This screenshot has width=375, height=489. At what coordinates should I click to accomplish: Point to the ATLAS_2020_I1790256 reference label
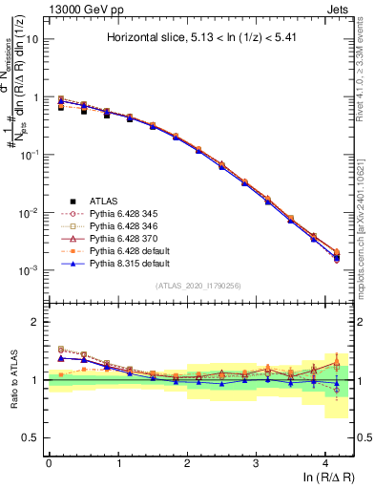click(x=199, y=286)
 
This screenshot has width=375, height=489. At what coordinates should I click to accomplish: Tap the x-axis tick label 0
click(x=49, y=463)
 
